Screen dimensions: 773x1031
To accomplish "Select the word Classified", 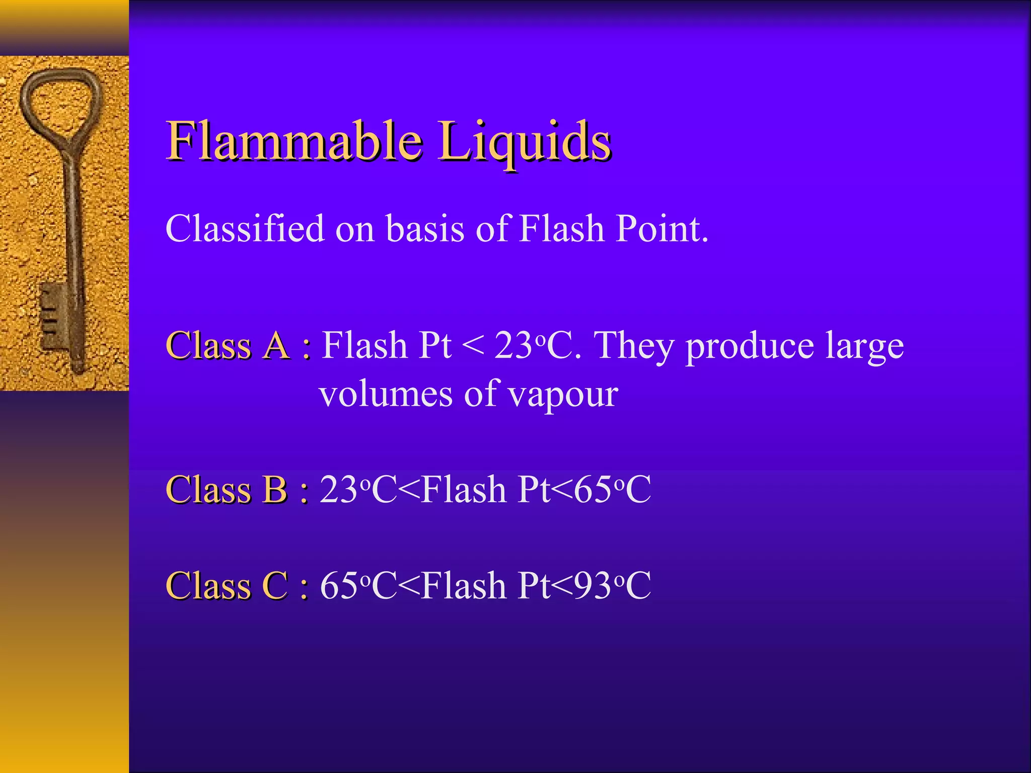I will [x=245, y=228].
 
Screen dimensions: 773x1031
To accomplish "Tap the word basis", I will [x=425, y=229].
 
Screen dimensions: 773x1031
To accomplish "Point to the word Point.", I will [x=662, y=229].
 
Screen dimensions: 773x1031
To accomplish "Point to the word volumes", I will [x=386, y=394].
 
